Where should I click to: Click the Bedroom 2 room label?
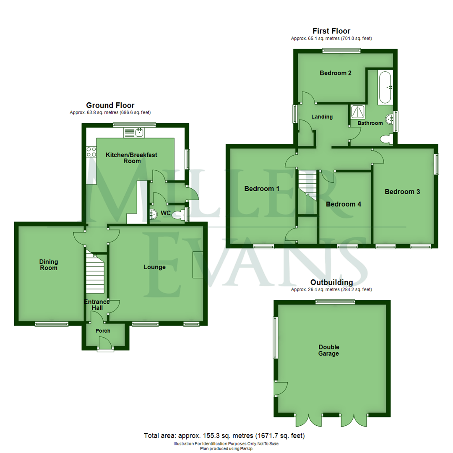click(x=336, y=73)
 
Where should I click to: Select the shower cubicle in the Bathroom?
click(x=358, y=112)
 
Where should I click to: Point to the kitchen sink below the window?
click(x=135, y=133)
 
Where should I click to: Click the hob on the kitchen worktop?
click(x=91, y=152)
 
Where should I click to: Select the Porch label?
click(x=103, y=331)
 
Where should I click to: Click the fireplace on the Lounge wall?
click(x=198, y=265)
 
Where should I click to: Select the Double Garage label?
click(x=329, y=350)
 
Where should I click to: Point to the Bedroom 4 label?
click(x=344, y=204)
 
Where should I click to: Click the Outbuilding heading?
click(x=331, y=283)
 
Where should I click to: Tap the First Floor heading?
click(x=331, y=31)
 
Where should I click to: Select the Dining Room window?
click(x=51, y=323)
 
